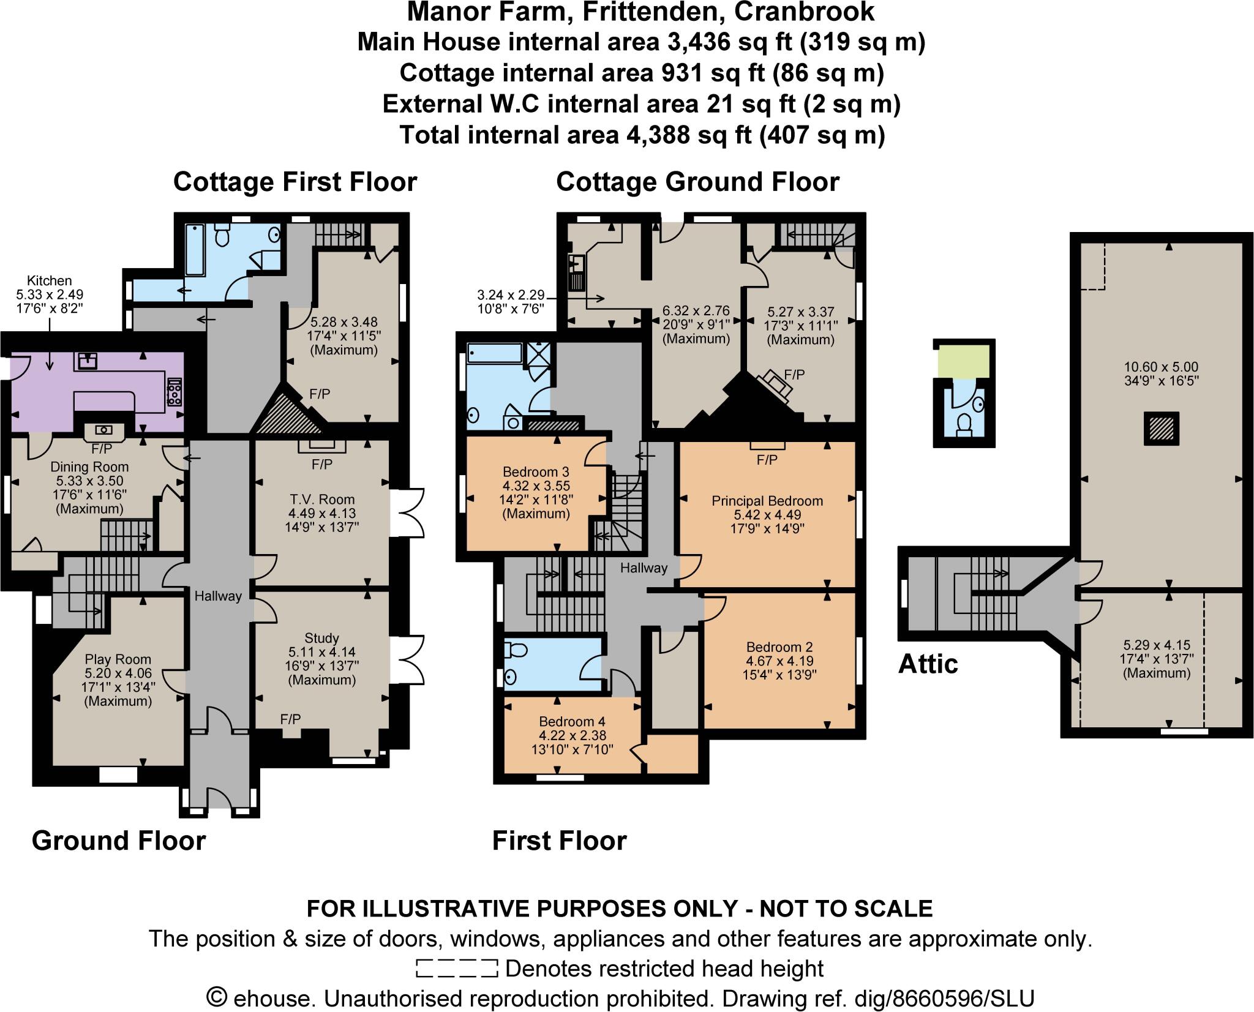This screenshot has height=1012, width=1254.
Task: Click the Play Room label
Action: click(118, 659)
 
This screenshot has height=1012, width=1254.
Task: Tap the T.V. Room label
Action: click(322, 499)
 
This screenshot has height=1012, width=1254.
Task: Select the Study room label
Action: click(321, 638)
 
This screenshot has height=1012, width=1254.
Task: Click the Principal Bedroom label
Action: click(767, 501)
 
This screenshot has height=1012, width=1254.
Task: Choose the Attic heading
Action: click(927, 664)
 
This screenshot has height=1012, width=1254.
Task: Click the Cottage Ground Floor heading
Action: click(697, 182)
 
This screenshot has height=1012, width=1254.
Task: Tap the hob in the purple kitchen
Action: click(175, 392)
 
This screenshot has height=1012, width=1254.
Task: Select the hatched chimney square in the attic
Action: click(1161, 428)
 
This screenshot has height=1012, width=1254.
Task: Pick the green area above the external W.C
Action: click(964, 361)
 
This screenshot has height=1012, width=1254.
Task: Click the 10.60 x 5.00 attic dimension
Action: click(1161, 367)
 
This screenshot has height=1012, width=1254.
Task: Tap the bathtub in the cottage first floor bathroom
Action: click(194, 250)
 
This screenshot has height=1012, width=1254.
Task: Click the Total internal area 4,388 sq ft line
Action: click(642, 135)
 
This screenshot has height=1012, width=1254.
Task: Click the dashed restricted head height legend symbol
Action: click(456, 969)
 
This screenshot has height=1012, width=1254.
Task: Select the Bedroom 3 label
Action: click(536, 472)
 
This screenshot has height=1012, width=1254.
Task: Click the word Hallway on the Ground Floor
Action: click(218, 596)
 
